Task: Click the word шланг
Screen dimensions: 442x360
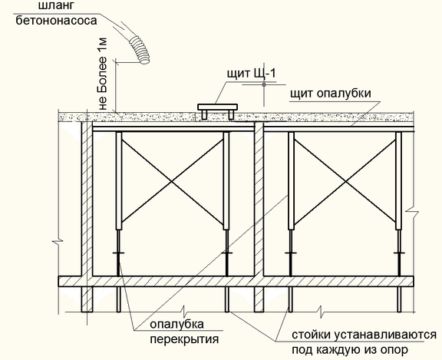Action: (x=58, y=6)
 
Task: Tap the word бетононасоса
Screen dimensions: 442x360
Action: (x=56, y=21)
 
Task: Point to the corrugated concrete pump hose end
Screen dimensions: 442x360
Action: (x=140, y=50)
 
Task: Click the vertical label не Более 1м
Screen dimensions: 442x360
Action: (x=103, y=74)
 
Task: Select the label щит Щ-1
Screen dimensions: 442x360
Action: (x=251, y=73)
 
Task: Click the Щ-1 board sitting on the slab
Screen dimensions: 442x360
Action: (x=217, y=111)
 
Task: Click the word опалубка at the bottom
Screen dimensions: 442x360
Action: (x=176, y=324)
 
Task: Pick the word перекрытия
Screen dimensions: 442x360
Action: (x=184, y=339)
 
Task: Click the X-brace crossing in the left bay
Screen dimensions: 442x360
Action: (x=172, y=181)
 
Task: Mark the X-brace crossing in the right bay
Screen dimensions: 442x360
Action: (x=345, y=181)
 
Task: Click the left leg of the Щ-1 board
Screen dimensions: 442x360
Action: (x=205, y=114)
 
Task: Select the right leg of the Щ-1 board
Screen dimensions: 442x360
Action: (x=231, y=114)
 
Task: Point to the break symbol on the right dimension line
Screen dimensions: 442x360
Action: (x=412, y=212)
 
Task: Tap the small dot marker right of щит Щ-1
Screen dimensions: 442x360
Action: (x=264, y=84)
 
